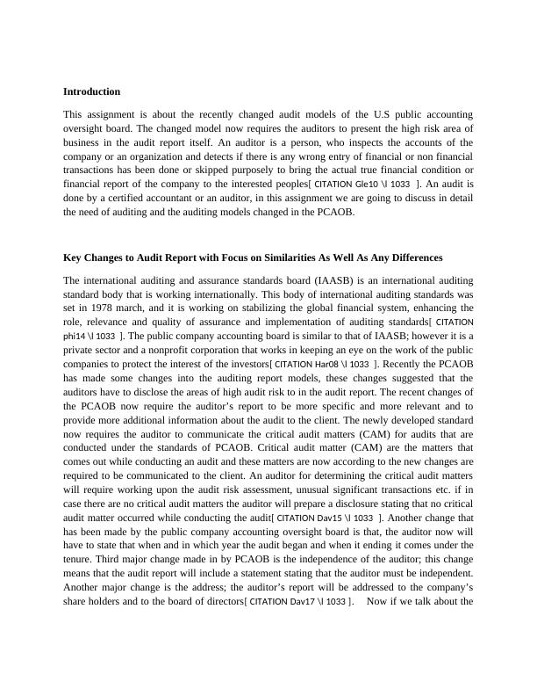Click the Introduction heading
pyautogui.click(x=92, y=91)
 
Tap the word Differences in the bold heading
pyautogui.click(x=412, y=257)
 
